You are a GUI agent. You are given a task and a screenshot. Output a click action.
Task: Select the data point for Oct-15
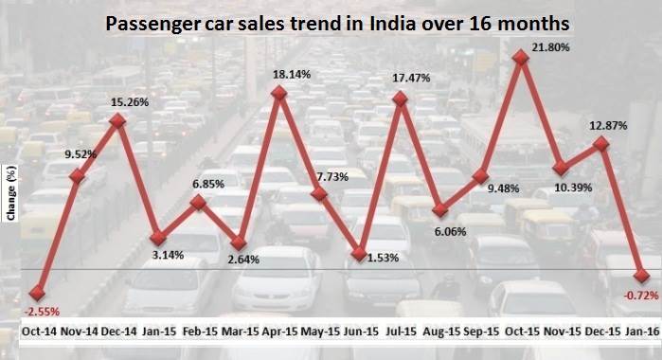pos(520,58)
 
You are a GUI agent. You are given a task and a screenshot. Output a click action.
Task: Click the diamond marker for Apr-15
pos(278,93)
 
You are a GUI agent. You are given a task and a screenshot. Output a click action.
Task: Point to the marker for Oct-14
pos(38,294)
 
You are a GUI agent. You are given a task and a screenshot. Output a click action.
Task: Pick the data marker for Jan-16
pos(643,276)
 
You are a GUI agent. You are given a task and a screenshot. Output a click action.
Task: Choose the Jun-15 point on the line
pos(359,253)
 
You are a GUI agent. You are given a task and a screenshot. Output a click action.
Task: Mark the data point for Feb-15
pos(198,202)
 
